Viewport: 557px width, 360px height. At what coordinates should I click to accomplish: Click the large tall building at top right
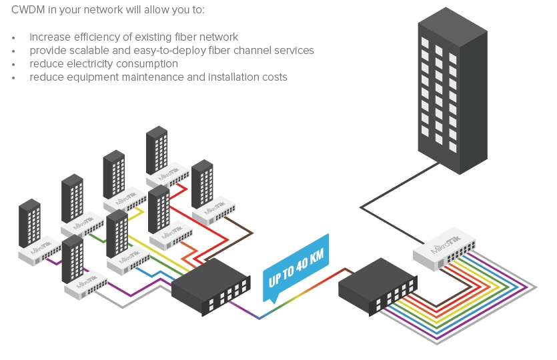[452, 93]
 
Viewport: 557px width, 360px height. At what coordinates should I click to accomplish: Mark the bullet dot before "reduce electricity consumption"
[13, 65]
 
